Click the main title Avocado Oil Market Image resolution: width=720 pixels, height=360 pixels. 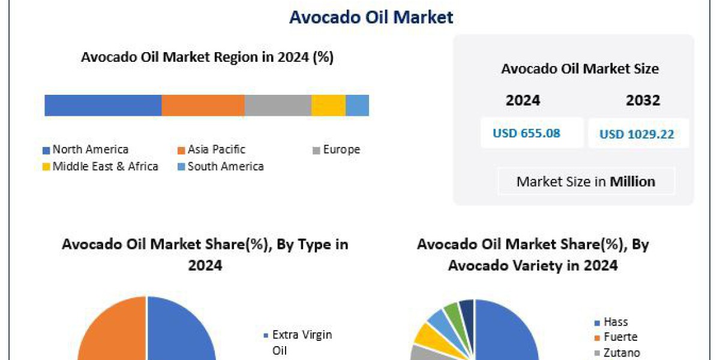click(x=371, y=17)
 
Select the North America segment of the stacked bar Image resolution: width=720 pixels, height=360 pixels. click(x=103, y=105)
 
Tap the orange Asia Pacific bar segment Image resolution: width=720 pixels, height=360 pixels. click(x=203, y=105)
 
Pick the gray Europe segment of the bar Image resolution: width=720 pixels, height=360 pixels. click(x=277, y=105)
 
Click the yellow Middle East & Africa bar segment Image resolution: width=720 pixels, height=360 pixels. click(x=328, y=105)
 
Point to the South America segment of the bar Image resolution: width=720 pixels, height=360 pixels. click(x=357, y=105)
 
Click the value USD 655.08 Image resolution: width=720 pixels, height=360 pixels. click(x=526, y=133)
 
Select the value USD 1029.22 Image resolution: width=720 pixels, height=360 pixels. click(x=637, y=134)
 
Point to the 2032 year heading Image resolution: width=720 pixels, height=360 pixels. click(x=643, y=100)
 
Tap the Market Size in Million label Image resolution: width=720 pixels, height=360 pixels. click(x=586, y=181)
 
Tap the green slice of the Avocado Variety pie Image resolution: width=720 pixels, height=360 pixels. click(x=452, y=311)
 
